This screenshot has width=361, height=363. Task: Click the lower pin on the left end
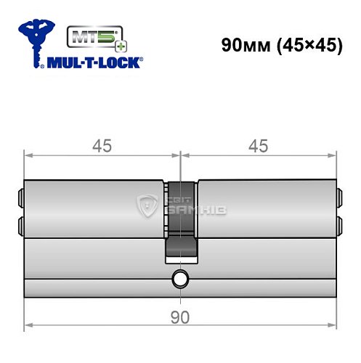(20, 222)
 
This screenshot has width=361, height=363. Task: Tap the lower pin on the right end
(339, 222)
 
